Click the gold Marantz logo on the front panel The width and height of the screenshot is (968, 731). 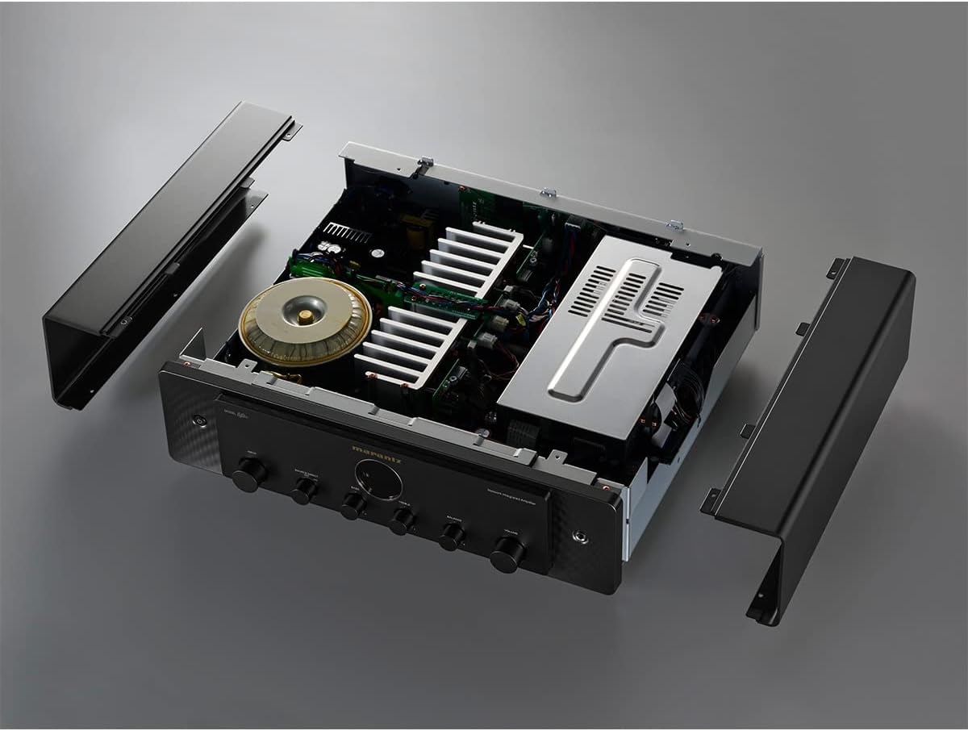[x=377, y=448]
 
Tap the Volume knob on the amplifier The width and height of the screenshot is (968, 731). [x=507, y=554]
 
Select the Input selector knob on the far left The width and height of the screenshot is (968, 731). [x=248, y=474]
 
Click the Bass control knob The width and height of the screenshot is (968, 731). [x=353, y=506]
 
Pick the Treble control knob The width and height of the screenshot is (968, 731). [x=402, y=521]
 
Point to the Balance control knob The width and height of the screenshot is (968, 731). [x=452, y=536]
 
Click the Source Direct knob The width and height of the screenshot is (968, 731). [x=304, y=490]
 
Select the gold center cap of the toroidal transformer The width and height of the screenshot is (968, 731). [x=306, y=316]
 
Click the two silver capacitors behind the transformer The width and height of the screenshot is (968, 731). [x=330, y=250]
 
